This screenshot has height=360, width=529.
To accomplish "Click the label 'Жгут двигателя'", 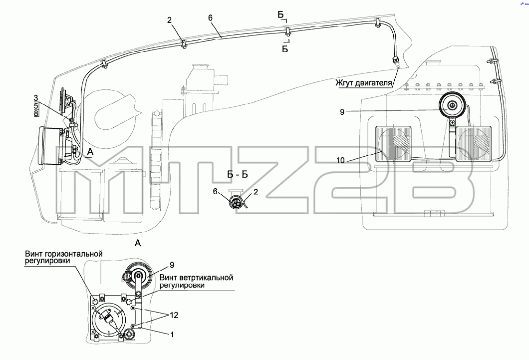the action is pyautogui.click(x=364, y=83).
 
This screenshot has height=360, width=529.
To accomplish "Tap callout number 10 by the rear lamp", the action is pyautogui.click(x=340, y=160).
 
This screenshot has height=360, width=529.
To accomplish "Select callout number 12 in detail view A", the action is pyautogui.click(x=174, y=315).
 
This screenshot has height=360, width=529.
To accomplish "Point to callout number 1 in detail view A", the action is pyautogui.click(x=172, y=335).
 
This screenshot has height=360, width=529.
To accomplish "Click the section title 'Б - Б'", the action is pyautogui.click(x=238, y=174).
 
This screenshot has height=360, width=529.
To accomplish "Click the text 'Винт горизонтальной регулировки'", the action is pyautogui.click(x=64, y=257).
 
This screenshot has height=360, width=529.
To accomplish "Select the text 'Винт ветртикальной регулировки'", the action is pyautogui.click(x=196, y=282).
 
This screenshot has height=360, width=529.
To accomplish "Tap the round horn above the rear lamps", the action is pyautogui.click(x=452, y=105).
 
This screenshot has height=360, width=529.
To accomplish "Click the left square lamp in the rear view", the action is pyautogui.click(x=393, y=143).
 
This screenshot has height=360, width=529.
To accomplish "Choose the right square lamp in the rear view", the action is pyautogui.click(x=472, y=143).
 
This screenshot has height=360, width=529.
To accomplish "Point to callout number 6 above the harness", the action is pyautogui.click(x=211, y=18).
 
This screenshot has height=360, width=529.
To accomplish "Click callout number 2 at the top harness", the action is pyautogui.click(x=169, y=20).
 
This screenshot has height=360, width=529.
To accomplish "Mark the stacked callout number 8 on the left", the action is pyautogui.click(x=36, y=113).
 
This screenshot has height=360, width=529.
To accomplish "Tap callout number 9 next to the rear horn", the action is pyautogui.click(x=342, y=112).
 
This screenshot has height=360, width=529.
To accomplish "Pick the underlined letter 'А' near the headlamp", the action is pyautogui.click(x=90, y=152).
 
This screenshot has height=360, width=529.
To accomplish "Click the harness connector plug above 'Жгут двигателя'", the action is pyautogui.click(x=395, y=61).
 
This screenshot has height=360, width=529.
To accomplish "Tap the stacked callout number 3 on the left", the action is pyautogui.click(x=36, y=98).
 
